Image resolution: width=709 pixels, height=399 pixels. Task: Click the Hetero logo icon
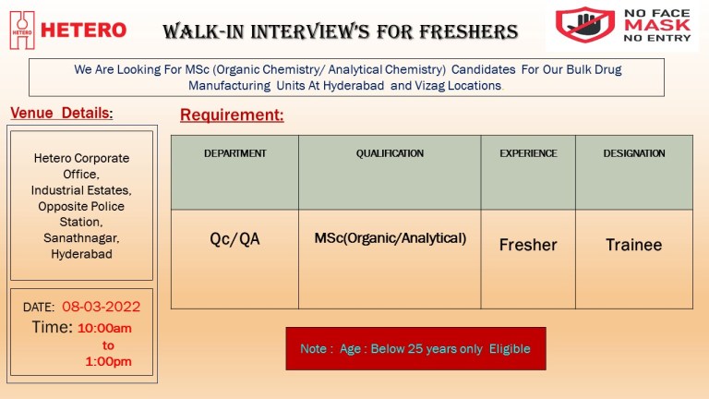(x=22, y=30)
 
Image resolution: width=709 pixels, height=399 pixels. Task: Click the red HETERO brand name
(x=84, y=30)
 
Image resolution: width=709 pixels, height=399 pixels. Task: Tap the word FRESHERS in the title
(x=468, y=31)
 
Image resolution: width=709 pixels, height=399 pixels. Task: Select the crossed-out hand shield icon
(x=585, y=24)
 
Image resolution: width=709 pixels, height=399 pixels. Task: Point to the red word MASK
(x=657, y=25)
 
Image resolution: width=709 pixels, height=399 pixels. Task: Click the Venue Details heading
(x=62, y=113)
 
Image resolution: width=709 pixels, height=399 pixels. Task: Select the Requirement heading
(x=232, y=115)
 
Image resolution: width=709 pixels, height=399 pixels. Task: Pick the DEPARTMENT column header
(x=235, y=153)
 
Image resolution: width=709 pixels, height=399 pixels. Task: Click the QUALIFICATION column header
(x=390, y=153)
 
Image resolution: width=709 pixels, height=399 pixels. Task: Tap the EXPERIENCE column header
(x=528, y=153)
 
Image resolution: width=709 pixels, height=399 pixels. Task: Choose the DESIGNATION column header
(x=634, y=153)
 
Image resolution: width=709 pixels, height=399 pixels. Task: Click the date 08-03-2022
(x=102, y=307)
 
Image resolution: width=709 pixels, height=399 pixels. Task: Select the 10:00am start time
(x=104, y=328)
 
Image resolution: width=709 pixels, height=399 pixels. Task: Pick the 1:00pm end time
(x=109, y=361)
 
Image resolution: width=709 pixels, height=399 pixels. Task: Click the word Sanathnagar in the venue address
(x=81, y=238)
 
